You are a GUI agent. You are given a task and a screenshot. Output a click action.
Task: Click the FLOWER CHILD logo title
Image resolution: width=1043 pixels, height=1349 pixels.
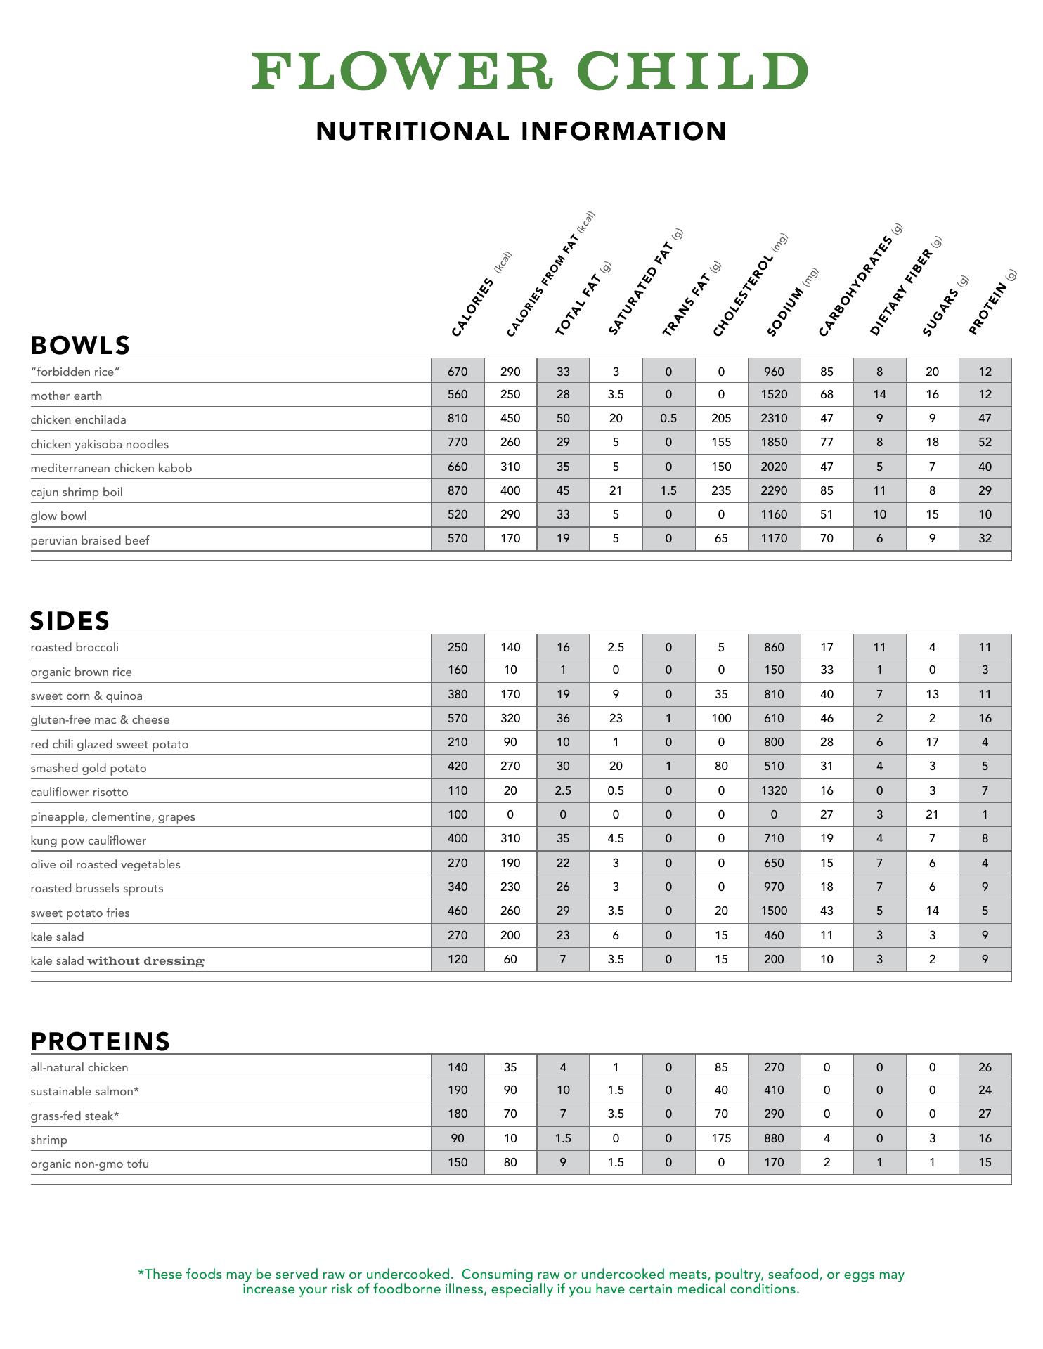pos(530,71)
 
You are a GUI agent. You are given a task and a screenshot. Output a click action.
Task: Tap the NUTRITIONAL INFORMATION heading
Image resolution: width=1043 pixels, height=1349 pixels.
pos(521,131)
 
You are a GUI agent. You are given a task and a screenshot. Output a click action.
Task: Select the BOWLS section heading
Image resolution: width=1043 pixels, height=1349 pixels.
pos(80,345)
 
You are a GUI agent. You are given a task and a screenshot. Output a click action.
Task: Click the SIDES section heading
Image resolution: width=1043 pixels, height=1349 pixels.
pos(70,621)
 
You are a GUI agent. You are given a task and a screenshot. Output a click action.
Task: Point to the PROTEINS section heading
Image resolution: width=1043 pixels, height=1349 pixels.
pos(101,1041)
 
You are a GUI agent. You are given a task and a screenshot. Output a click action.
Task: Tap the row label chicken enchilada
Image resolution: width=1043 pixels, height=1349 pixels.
pos(78,420)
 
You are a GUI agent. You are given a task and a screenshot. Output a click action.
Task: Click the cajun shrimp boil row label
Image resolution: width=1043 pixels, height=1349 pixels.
pos(77,492)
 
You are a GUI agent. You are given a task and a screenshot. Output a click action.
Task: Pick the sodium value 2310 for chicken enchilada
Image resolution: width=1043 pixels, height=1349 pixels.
pos(774,419)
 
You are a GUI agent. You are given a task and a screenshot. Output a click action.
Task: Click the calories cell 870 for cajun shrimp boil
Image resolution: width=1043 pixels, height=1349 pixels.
pos(458,491)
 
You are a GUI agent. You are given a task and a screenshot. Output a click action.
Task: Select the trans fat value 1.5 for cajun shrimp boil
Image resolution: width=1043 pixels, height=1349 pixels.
pos(668,491)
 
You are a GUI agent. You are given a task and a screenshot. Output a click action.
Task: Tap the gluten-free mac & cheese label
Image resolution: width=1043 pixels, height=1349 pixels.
pos(100,720)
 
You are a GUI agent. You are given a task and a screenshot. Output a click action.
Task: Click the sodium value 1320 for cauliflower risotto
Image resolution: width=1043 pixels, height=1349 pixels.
pos(774,791)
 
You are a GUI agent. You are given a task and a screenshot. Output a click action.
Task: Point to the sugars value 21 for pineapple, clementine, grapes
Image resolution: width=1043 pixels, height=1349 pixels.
pos(932,815)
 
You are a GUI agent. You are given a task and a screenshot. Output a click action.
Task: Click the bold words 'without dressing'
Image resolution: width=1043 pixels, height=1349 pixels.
pos(145,961)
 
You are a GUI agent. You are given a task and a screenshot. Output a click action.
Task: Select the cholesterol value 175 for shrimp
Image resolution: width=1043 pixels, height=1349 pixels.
pos(721,1139)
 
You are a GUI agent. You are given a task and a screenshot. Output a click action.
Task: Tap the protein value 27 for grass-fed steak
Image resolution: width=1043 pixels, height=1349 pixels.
pos(985,1114)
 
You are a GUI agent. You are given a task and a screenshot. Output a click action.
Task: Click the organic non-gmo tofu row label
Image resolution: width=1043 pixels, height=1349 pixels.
pos(89,1164)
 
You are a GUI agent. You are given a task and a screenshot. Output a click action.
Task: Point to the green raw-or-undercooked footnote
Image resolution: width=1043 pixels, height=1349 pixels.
pos(521,1282)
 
